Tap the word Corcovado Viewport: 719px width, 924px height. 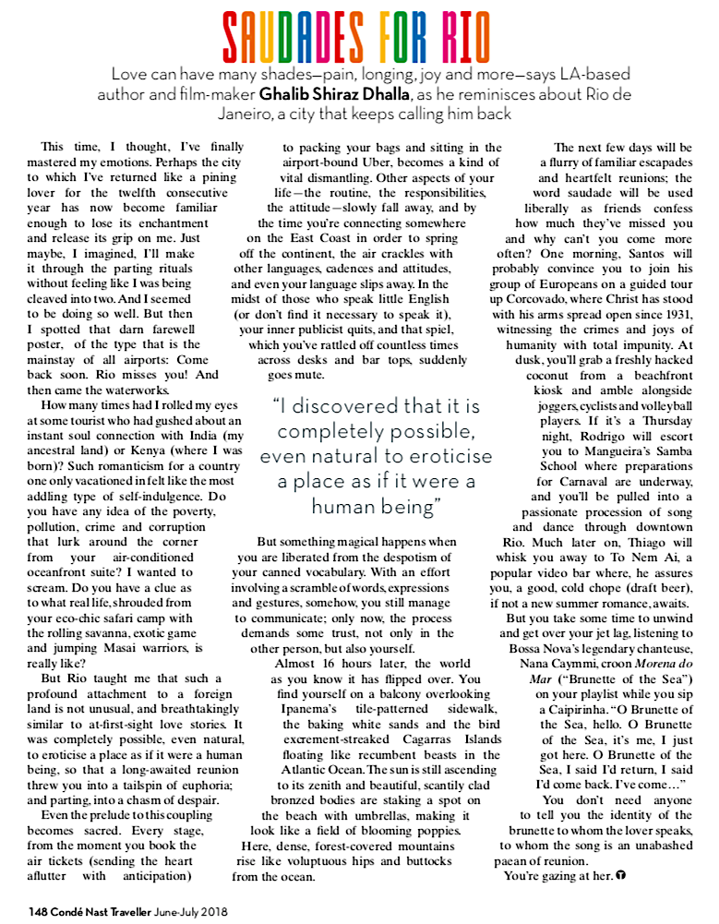click(547, 297)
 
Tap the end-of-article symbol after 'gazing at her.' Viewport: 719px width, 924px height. click(621, 874)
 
